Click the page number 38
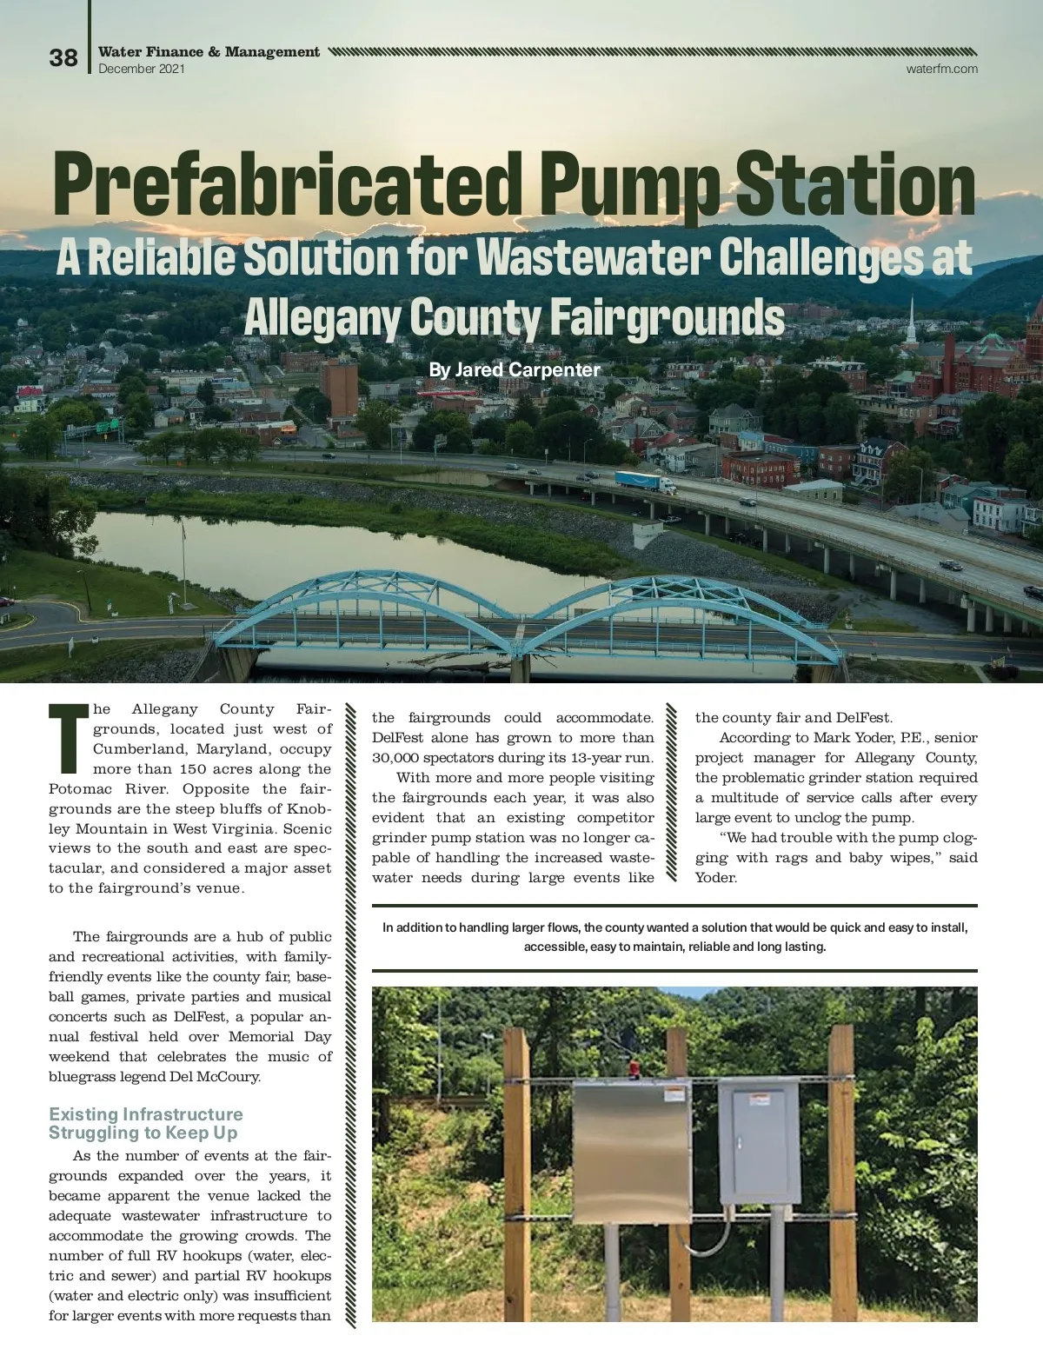click(x=63, y=58)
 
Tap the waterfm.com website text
click(x=942, y=69)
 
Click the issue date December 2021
click(x=142, y=69)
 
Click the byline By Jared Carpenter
click(x=515, y=370)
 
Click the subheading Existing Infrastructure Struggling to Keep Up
click(x=146, y=1123)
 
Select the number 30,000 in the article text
click(x=403, y=758)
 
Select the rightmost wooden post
click(x=841, y=1170)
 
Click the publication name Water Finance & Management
click(x=209, y=52)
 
